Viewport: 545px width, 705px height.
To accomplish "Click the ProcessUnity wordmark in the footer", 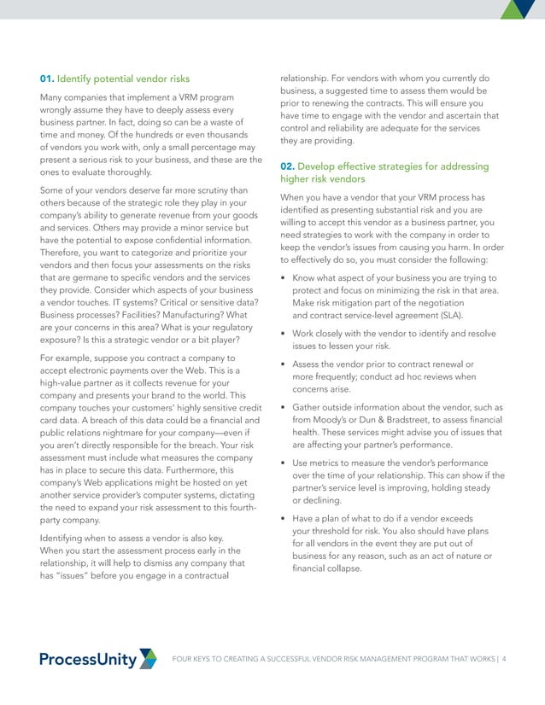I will pyautogui.click(x=88, y=659).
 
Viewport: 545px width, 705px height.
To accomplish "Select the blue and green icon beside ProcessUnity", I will pyautogui.click(x=148, y=658).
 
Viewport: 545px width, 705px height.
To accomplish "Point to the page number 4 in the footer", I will pyautogui.click(x=504, y=659).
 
